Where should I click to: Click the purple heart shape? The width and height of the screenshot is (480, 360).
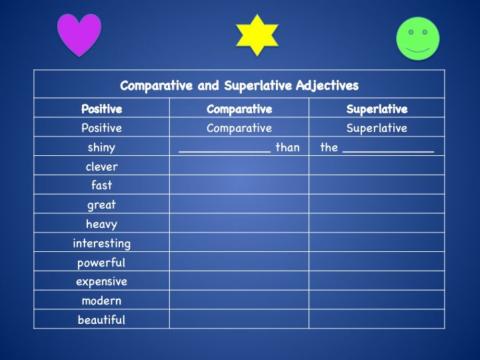(79, 34)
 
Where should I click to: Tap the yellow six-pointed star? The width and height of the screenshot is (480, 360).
(256, 35)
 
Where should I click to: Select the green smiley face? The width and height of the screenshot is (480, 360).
(418, 39)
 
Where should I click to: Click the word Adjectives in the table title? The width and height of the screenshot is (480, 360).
(323, 86)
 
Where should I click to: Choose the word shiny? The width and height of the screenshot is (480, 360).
(101, 147)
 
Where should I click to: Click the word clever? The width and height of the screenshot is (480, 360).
(101, 166)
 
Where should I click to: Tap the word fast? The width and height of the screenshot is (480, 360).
(101, 185)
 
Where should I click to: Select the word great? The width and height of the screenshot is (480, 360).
(101, 205)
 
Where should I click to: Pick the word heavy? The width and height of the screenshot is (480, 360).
(101, 224)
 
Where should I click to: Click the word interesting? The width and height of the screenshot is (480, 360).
(101, 243)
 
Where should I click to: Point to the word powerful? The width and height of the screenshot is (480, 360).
(101, 262)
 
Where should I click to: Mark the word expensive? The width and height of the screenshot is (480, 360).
(101, 281)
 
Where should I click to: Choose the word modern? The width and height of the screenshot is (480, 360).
(101, 300)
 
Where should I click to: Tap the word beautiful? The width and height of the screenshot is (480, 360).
(101, 320)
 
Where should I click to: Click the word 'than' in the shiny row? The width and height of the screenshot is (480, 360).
(287, 147)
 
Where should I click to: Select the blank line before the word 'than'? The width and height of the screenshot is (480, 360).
(224, 150)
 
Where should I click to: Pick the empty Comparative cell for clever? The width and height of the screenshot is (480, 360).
(238, 166)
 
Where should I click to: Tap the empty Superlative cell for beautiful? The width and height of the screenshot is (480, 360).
(376, 320)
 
